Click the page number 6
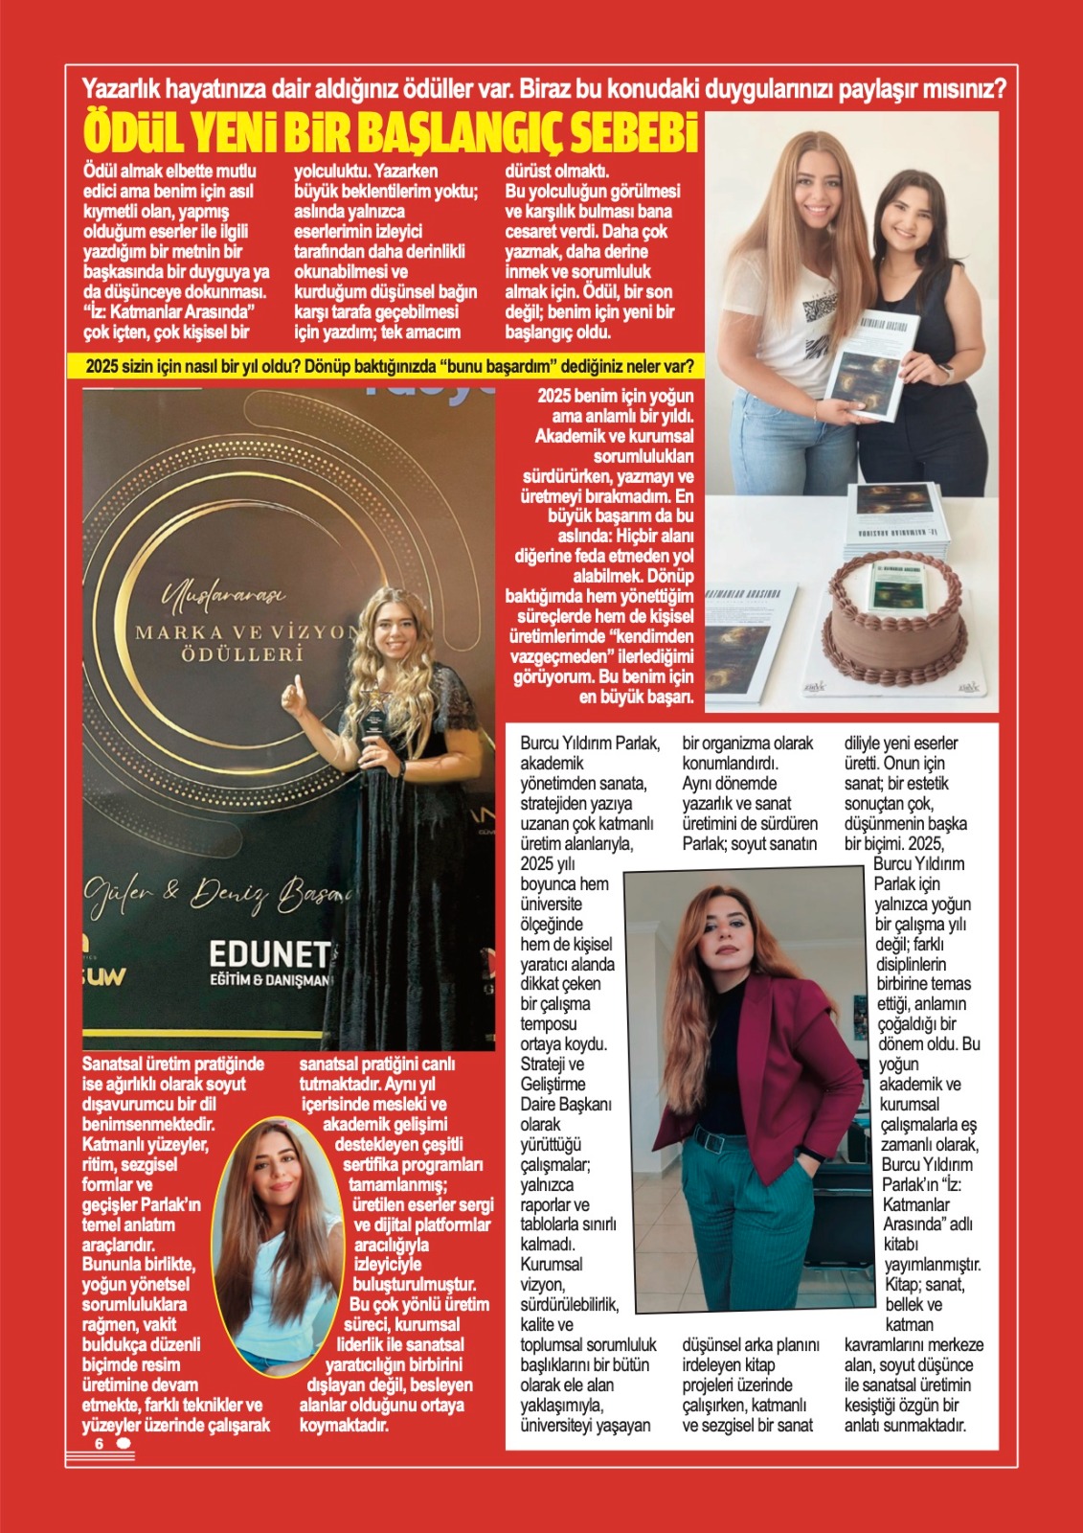[98, 1444]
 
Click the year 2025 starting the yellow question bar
[102, 366]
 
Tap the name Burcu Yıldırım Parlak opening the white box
[590, 744]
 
